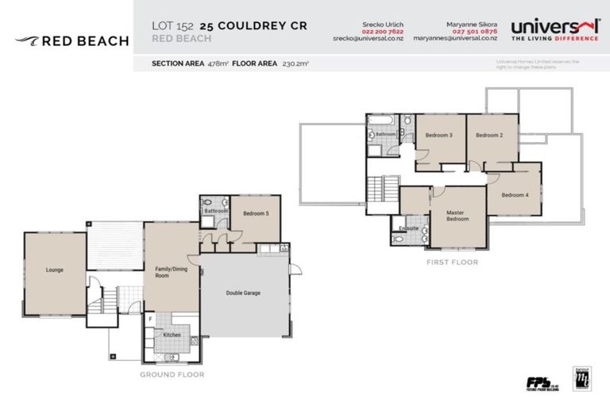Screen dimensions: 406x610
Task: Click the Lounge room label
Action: [x=54, y=270]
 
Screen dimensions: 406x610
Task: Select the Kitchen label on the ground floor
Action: [x=172, y=335]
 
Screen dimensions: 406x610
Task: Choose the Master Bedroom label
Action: [x=457, y=216]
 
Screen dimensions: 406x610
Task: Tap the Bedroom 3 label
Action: [x=438, y=136]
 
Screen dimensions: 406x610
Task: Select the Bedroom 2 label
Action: [x=489, y=136]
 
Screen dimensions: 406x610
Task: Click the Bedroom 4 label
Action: [x=515, y=195]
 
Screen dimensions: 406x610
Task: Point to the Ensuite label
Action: [x=407, y=228]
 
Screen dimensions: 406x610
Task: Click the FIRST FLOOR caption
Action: [x=453, y=261]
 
